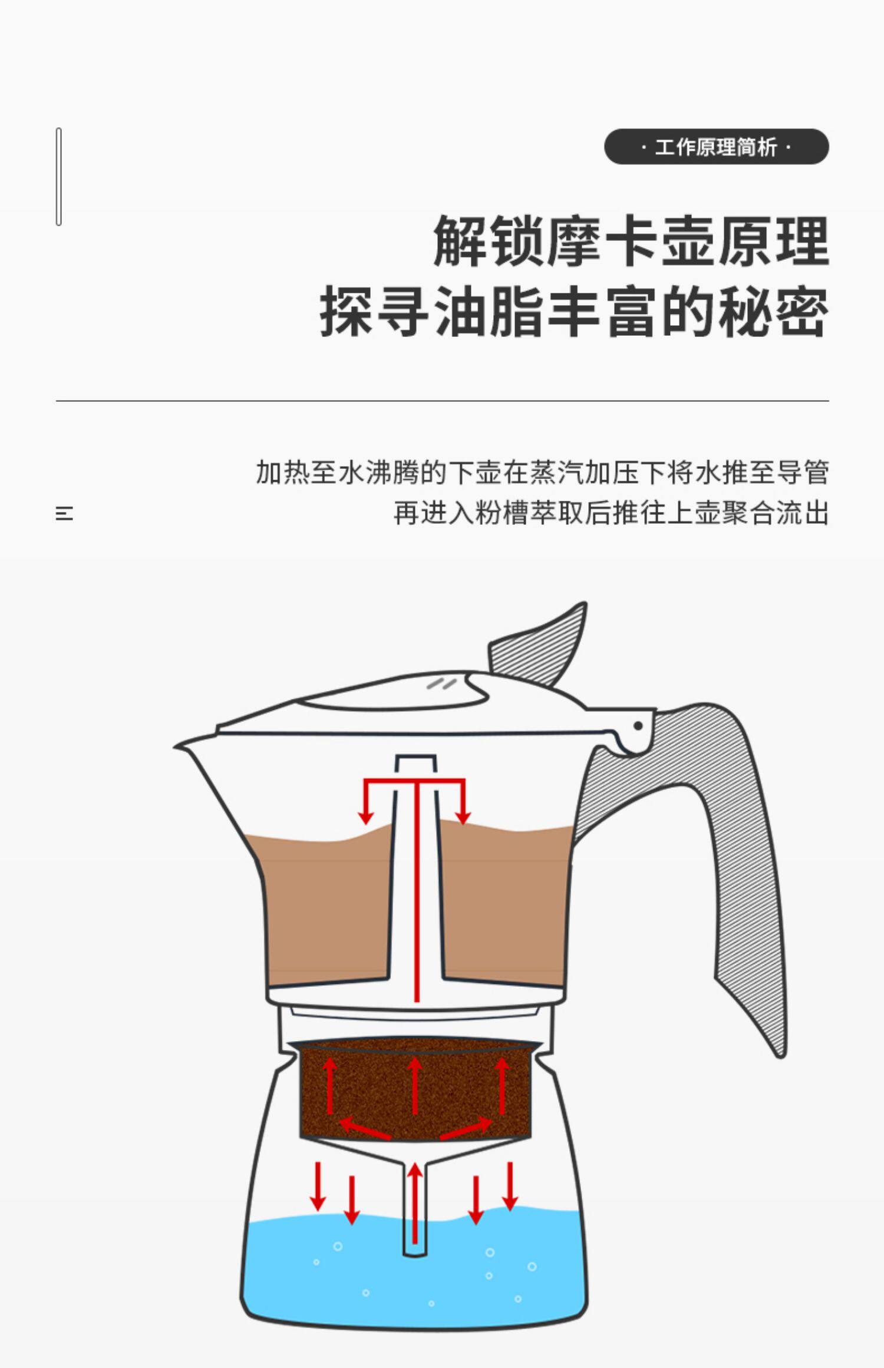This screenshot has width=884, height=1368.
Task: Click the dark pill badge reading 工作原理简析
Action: pos(716,147)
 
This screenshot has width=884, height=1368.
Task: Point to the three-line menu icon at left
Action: pos(64,513)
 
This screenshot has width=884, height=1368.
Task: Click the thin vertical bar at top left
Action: pos(59,176)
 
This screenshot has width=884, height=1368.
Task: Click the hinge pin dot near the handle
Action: pos(638,726)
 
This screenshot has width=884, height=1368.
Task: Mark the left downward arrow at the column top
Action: pos(366,804)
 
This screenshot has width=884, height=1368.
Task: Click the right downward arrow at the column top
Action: pos(464,804)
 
